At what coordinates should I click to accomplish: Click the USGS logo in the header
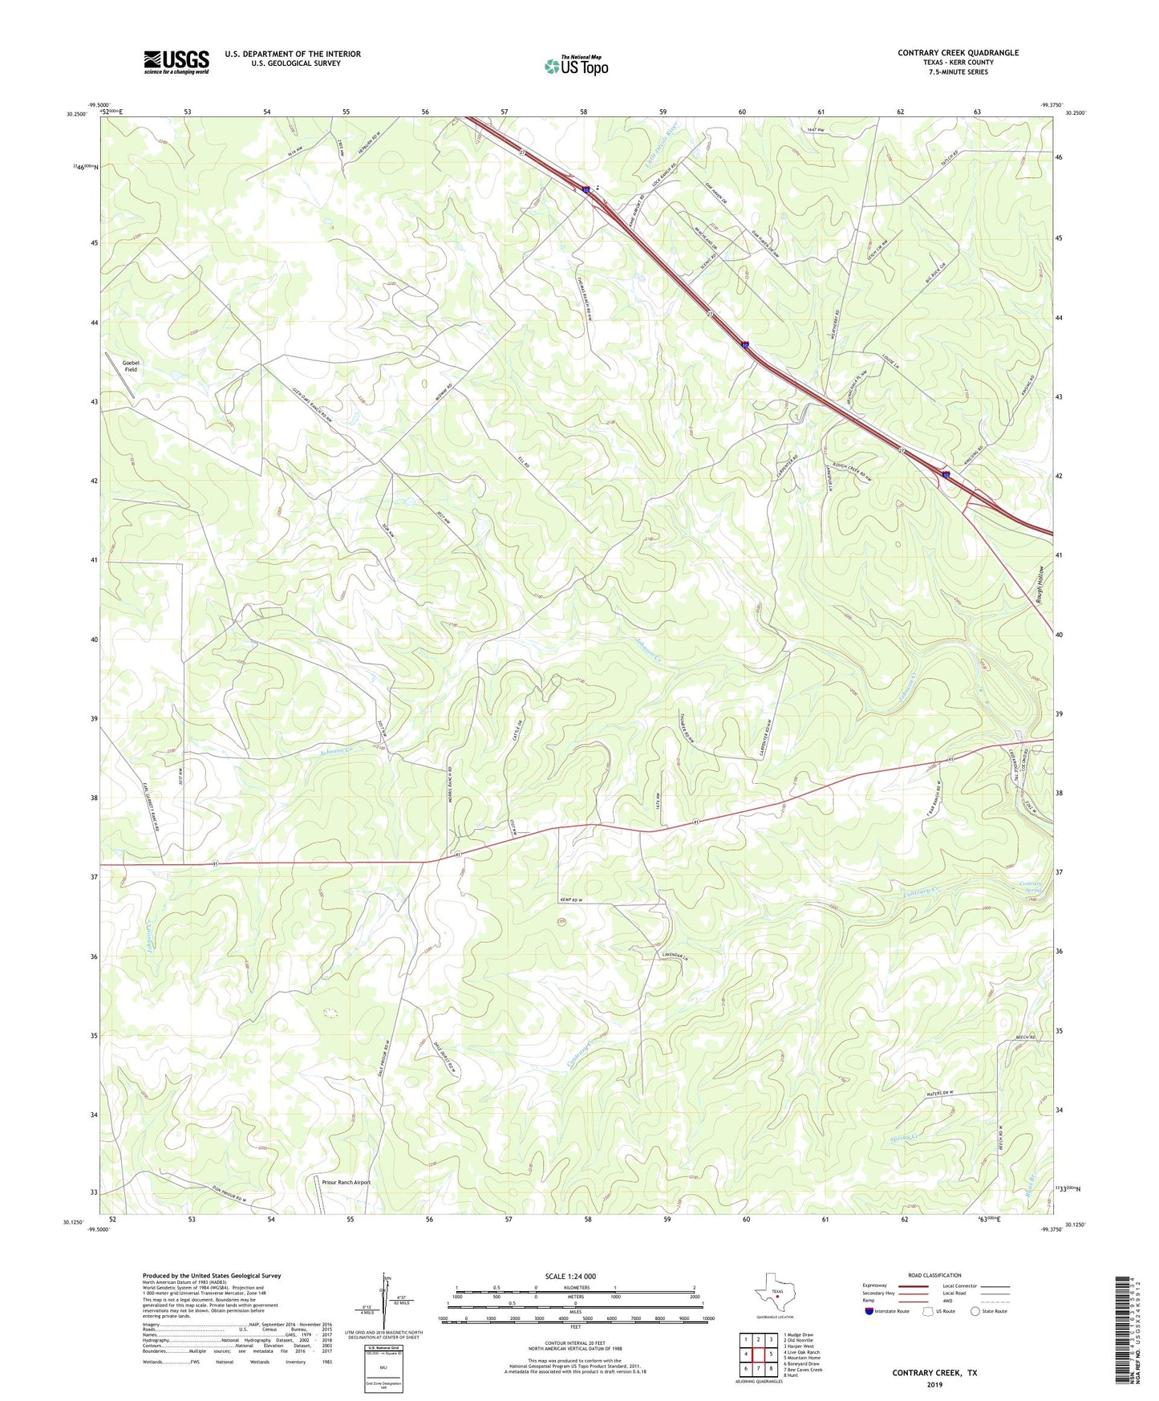tap(176, 61)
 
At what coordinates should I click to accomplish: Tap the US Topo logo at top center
tap(576, 66)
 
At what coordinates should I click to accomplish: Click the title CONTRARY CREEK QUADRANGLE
tap(958, 53)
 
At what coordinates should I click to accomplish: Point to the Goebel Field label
tap(130, 366)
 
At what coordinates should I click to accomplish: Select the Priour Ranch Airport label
tap(346, 1182)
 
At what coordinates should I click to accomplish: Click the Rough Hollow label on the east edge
tap(1039, 579)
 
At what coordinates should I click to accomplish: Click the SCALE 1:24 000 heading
tap(570, 1277)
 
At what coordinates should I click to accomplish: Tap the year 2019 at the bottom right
tap(934, 1384)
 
